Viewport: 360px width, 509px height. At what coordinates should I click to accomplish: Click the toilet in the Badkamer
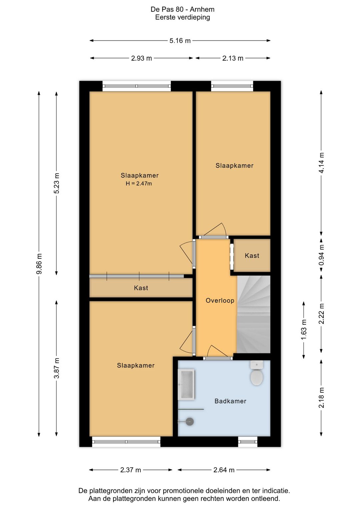click(x=257, y=373)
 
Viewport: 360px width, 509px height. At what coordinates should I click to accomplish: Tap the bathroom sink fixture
click(x=186, y=384)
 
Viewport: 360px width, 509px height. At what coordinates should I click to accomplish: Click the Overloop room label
click(x=220, y=301)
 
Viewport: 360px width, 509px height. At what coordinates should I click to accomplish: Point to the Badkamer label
click(x=230, y=401)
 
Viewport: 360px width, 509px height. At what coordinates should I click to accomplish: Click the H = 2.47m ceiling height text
click(x=139, y=183)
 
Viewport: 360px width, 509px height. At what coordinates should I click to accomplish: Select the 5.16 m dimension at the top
click(x=180, y=41)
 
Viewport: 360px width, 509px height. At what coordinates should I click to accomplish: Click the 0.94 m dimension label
click(x=321, y=255)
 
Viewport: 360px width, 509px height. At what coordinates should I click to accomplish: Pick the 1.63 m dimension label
click(x=304, y=330)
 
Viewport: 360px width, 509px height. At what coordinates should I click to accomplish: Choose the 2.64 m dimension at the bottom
click(x=224, y=470)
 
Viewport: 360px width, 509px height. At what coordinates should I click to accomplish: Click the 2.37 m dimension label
click(x=131, y=470)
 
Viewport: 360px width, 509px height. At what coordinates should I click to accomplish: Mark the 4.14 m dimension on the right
click(x=321, y=163)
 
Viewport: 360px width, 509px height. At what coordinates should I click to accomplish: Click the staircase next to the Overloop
click(x=253, y=314)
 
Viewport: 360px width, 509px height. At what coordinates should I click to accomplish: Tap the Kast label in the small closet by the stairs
click(x=252, y=256)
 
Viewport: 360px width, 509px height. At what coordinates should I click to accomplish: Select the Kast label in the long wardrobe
click(x=141, y=288)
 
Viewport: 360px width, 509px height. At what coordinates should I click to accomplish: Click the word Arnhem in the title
click(x=202, y=9)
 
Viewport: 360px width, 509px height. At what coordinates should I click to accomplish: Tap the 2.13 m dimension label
click(x=233, y=58)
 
